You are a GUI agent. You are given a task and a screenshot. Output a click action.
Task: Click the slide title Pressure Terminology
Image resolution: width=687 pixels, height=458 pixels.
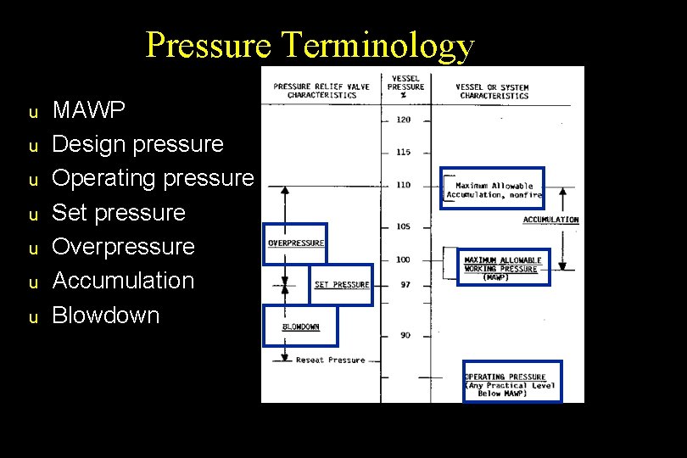coord(310,44)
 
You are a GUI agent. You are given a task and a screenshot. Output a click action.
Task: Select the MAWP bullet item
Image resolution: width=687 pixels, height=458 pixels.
coord(89,109)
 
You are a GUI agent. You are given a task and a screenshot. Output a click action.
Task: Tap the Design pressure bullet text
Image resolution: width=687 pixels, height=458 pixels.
coord(138,144)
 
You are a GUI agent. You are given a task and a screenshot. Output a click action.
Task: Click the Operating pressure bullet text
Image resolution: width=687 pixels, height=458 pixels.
coord(153,178)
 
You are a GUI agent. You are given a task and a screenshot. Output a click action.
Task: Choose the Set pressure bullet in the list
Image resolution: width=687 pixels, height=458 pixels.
coord(119,212)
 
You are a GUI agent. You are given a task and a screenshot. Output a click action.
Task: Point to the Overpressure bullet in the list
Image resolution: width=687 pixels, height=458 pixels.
coord(124,247)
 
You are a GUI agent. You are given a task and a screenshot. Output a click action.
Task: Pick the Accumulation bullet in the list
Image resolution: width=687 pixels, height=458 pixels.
coord(124,281)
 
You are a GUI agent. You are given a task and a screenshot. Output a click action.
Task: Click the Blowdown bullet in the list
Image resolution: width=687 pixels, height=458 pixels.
coord(106,316)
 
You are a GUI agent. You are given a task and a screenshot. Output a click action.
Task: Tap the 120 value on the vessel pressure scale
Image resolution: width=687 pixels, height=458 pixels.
coord(404,120)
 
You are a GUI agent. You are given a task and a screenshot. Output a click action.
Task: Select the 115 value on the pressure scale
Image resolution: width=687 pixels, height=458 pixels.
coord(404,152)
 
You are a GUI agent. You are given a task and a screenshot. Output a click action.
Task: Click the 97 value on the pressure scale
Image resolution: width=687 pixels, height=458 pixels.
coord(405,285)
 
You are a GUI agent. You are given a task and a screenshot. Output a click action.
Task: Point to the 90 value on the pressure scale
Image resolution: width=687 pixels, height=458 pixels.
coord(405,335)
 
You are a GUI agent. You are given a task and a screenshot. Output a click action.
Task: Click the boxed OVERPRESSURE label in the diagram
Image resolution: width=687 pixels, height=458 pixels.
coord(295,243)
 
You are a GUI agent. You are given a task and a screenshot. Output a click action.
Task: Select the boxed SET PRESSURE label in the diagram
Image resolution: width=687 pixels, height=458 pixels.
coord(342,285)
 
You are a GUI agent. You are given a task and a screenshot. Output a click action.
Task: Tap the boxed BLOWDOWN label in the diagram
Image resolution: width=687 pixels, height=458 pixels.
coord(300,327)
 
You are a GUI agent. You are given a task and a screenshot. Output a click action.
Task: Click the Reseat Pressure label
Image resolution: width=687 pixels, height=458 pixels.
coord(330,360)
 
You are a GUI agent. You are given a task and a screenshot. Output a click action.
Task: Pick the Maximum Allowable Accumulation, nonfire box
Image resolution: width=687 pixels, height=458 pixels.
coord(494,190)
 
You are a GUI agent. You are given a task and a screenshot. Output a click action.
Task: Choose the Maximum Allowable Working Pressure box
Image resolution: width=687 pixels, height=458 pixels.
coord(504,268)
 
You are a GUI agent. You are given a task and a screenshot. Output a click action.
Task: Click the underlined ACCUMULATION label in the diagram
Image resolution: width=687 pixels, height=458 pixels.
coord(550,220)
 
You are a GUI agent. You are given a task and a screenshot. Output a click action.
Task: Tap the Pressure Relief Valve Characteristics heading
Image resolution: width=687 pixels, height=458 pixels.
coord(315,91)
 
